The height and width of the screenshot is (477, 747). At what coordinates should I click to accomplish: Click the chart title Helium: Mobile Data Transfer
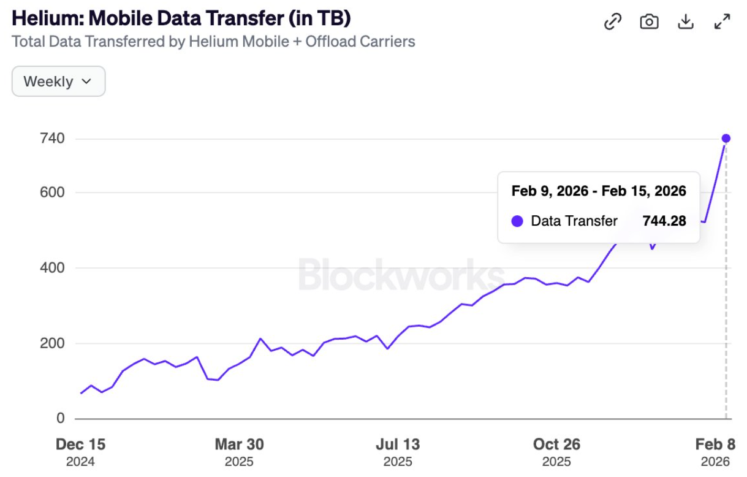click(x=181, y=18)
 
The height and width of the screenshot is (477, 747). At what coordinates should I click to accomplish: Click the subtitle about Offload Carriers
click(x=213, y=42)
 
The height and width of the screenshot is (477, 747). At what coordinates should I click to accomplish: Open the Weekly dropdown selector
click(x=58, y=82)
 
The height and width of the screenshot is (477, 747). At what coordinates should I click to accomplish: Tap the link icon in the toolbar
click(x=613, y=22)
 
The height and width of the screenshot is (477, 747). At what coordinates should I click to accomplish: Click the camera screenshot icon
click(x=649, y=22)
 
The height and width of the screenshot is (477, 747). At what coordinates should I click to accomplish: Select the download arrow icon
click(x=685, y=22)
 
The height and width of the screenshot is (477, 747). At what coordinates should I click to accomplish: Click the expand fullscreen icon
click(x=722, y=22)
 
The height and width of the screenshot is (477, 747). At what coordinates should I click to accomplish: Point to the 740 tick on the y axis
click(x=52, y=139)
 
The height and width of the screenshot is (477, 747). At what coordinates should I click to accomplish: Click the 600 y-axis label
click(x=52, y=193)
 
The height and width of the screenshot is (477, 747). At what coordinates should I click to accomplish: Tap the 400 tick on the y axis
click(x=52, y=268)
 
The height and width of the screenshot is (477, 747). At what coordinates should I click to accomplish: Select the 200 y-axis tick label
click(x=52, y=343)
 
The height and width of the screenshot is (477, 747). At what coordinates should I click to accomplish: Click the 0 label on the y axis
click(x=60, y=418)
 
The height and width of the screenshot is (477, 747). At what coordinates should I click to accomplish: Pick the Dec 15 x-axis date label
click(x=80, y=444)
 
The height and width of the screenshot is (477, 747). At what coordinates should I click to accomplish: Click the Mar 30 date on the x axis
click(x=239, y=444)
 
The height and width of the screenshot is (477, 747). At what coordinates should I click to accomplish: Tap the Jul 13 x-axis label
click(x=398, y=444)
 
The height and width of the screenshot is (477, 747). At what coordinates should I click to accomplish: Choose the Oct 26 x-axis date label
click(x=556, y=444)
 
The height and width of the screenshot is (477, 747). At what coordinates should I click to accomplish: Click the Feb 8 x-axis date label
click(x=715, y=444)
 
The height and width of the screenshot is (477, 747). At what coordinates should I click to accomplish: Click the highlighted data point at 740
click(x=726, y=139)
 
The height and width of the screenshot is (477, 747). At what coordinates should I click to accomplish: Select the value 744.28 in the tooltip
click(x=664, y=221)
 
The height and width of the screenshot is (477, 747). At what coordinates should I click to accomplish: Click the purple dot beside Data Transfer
click(x=517, y=221)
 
